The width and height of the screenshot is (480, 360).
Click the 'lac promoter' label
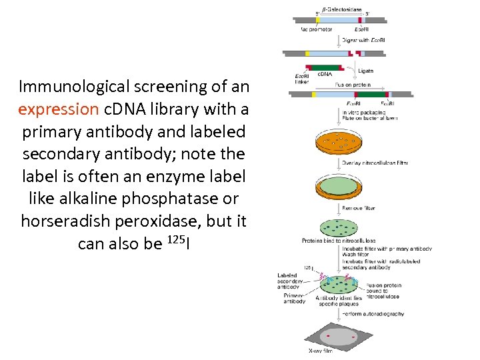click(x=317, y=29)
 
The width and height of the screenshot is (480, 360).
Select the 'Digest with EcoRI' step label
click(x=363, y=41)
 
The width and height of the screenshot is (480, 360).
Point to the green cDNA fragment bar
click(x=324, y=67)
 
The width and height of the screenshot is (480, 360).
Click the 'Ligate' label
click(x=365, y=71)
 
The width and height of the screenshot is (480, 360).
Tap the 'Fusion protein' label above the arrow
click(x=353, y=85)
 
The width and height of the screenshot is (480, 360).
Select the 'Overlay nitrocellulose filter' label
click(x=375, y=163)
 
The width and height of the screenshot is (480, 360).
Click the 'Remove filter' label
click(x=359, y=208)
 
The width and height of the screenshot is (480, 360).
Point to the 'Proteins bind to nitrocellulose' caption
click(x=339, y=241)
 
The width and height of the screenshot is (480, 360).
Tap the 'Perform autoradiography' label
click(x=373, y=313)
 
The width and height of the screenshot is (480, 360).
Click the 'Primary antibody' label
click(x=294, y=298)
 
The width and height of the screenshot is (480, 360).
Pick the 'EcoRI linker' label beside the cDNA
click(x=301, y=79)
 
